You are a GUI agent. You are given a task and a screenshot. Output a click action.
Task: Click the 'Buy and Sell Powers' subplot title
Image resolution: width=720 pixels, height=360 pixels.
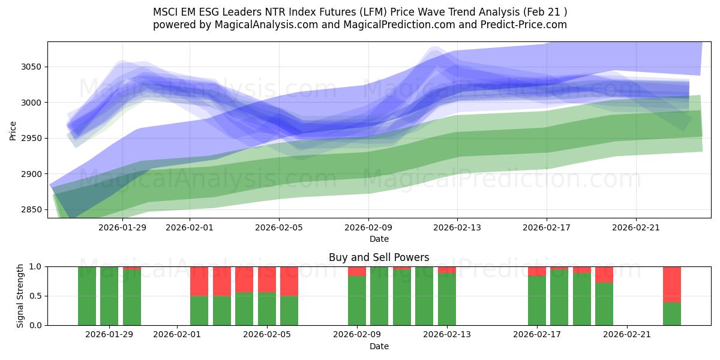click(x=379, y=257)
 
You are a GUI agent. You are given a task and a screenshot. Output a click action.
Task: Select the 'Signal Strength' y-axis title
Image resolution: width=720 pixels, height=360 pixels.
click(x=20, y=296)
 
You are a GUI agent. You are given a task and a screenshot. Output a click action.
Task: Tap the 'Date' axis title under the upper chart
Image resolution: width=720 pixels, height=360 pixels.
click(x=379, y=239)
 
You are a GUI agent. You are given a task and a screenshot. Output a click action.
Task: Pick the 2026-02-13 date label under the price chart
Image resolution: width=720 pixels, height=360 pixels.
click(x=457, y=227)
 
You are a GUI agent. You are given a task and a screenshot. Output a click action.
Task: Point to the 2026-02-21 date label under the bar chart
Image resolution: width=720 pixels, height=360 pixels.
click(x=626, y=334)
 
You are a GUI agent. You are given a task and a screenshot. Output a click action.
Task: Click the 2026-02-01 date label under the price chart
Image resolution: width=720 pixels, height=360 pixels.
click(x=190, y=227)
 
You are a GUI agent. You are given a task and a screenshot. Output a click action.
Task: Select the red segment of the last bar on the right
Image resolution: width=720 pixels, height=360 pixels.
click(x=671, y=284)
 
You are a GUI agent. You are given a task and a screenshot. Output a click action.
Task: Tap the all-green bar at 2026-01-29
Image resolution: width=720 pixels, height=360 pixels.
click(x=109, y=296)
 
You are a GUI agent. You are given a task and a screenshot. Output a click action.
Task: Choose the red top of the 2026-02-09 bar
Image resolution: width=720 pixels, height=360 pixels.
click(x=357, y=271)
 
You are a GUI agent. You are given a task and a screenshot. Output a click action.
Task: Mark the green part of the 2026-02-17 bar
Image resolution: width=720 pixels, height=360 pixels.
click(x=537, y=301)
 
